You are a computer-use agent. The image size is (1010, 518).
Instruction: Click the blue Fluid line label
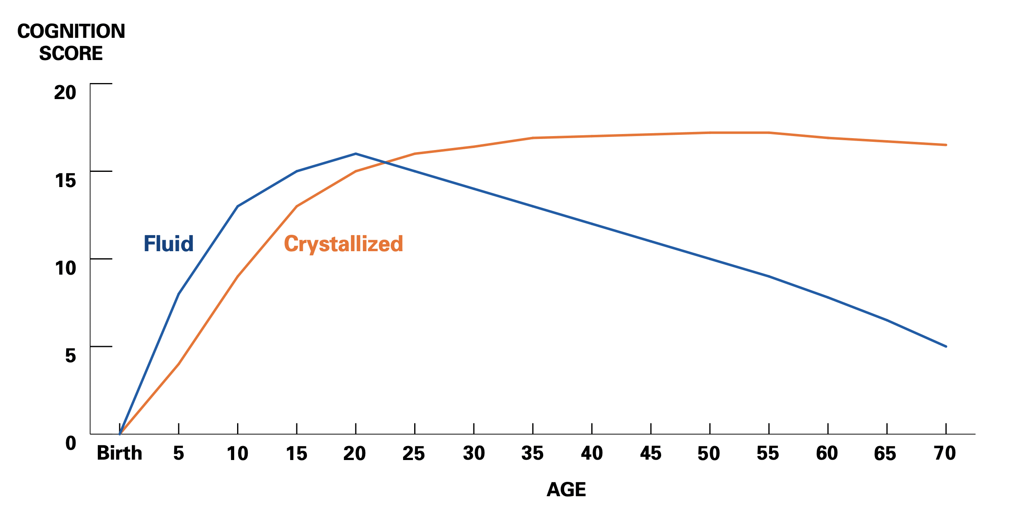pyautogui.click(x=168, y=244)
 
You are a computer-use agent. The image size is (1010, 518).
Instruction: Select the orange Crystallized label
pyautogui.click(x=344, y=244)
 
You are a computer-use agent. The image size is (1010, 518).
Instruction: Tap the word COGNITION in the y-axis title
pyautogui.click(x=71, y=32)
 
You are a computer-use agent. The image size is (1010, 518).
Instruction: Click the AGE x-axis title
pyautogui.click(x=566, y=490)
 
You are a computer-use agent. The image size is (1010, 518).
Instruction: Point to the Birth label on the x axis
pyautogui.click(x=120, y=453)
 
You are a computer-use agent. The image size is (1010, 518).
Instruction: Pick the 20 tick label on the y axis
pyautogui.click(x=65, y=92)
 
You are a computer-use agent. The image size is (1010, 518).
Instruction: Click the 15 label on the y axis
pyautogui.click(x=65, y=180)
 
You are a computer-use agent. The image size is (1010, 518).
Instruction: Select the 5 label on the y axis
pyautogui.click(x=70, y=356)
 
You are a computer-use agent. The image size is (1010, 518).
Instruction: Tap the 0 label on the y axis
pyautogui.click(x=70, y=443)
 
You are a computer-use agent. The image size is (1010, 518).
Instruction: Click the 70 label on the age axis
pyautogui.click(x=945, y=453)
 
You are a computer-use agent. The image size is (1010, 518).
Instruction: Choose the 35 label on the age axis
pyautogui.click(x=532, y=453)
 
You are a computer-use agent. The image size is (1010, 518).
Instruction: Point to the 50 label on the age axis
pyautogui.click(x=709, y=453)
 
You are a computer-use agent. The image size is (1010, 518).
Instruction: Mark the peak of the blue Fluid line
pyautogui.click(x=356, y=154)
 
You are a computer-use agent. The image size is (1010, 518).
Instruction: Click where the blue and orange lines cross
pyautogui.click(x=385, y=162)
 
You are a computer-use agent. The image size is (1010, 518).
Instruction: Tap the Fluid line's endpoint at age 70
pyautogui.click(x=946, y=346)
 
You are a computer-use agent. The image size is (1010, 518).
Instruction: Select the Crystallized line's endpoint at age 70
pyautogui.click(x=946, y=145)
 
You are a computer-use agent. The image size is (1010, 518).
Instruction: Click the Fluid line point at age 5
pyautogui.click(x=179, y=294)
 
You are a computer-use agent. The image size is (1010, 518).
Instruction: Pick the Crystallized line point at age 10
pyautogui.click(x=238, y=276)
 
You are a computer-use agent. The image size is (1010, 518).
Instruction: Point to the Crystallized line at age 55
pyautogui.click(x=768, y=133)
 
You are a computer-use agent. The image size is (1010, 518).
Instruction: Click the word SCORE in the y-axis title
pyautogui.click(x=71, y=53)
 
